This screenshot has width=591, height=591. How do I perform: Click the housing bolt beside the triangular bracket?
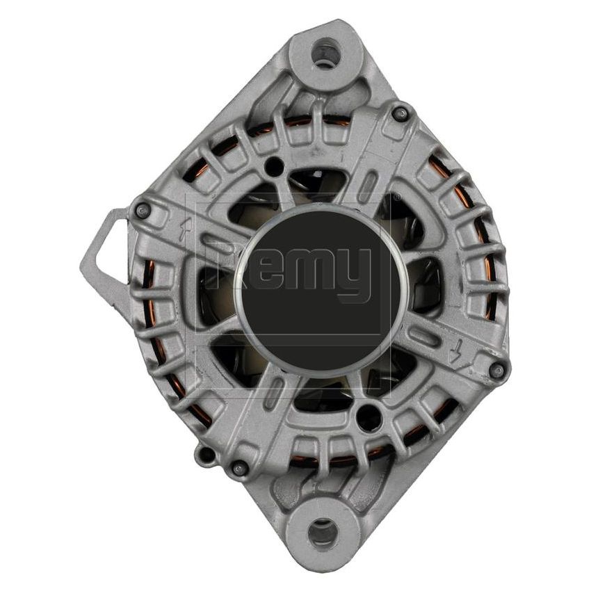143,210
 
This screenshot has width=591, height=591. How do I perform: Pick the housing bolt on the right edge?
496,371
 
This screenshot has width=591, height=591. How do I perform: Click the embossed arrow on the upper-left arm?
185,230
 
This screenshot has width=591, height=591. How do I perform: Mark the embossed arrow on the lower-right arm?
456,354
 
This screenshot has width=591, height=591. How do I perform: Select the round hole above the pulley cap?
275,165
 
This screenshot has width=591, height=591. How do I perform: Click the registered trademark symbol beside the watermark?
397,197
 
